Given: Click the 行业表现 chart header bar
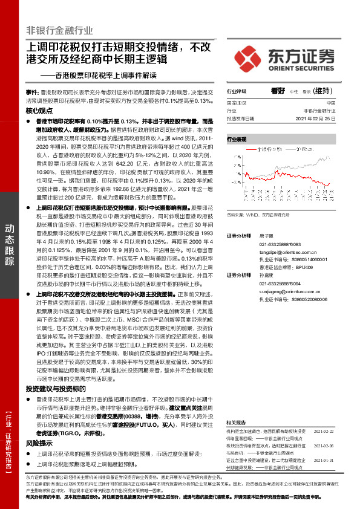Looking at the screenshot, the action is [x=281, y=139].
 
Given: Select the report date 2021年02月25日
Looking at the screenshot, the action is [x=317, y=119].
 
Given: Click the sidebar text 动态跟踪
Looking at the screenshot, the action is [x=10, y=245].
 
